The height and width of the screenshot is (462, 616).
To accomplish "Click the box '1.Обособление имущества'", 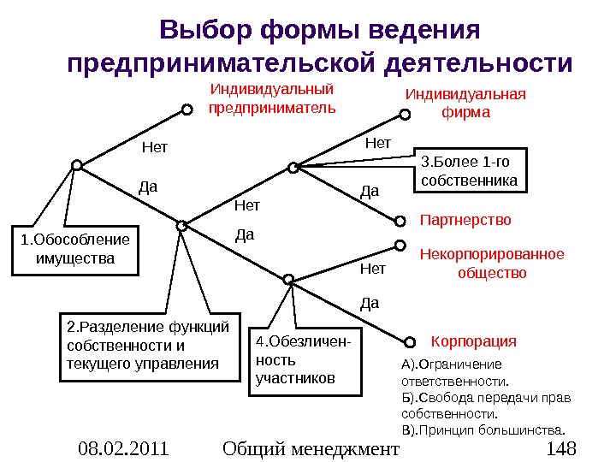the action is click(x=74, y=249).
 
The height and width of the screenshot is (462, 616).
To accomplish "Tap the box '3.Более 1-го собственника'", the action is click(x=470, y=171).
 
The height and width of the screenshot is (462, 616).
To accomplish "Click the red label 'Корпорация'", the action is click(x=473, y=341).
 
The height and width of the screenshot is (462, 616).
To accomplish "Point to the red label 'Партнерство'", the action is click(x=465, y=220).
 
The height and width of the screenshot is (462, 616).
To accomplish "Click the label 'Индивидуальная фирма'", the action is click(x=465, y=103).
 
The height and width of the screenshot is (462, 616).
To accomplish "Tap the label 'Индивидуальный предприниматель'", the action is click(x=272, y=98).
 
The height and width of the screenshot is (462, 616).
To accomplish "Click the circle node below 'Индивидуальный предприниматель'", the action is click(x=185, y=110).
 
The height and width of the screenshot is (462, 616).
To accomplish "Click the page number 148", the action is click(x=561, y=447).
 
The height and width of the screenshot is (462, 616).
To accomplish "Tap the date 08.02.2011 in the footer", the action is click(x=121, y=447).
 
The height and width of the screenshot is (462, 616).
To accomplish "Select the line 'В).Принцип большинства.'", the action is click(x=483, y=429).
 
